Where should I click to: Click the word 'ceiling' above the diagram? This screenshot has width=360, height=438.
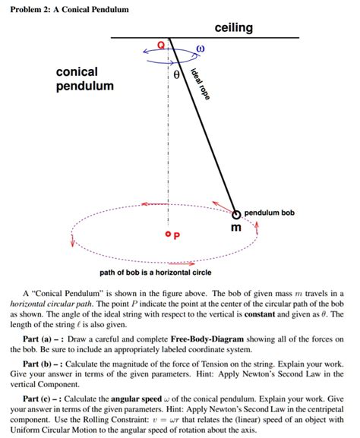click(x=233, y=28)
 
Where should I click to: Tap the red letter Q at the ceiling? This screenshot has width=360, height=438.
click(x=159, y=46)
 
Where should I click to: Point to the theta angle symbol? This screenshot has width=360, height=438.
click(x=176, y=75)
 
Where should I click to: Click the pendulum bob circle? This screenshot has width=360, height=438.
click(x=236, y=214)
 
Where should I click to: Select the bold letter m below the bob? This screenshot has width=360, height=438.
click(x=236, y=228)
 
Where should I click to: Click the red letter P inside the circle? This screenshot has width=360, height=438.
click(x=177, y=236)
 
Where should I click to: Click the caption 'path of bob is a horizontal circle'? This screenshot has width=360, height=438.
click(x=156, y=273)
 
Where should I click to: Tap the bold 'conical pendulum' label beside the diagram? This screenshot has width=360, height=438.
click(x=84, y=78)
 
